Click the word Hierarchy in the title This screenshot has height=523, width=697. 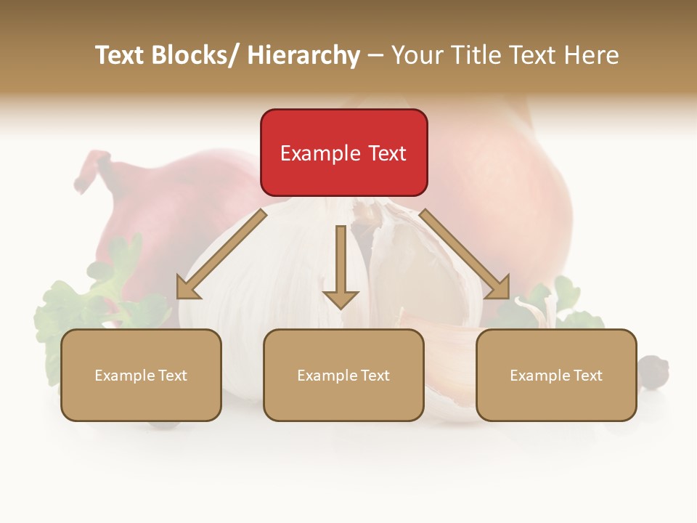(303, 55)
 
